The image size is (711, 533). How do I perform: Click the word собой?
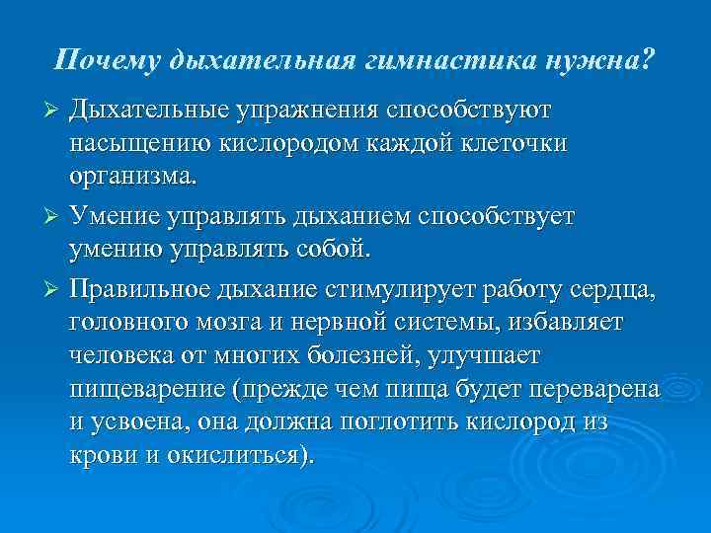[x=332, y=250]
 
